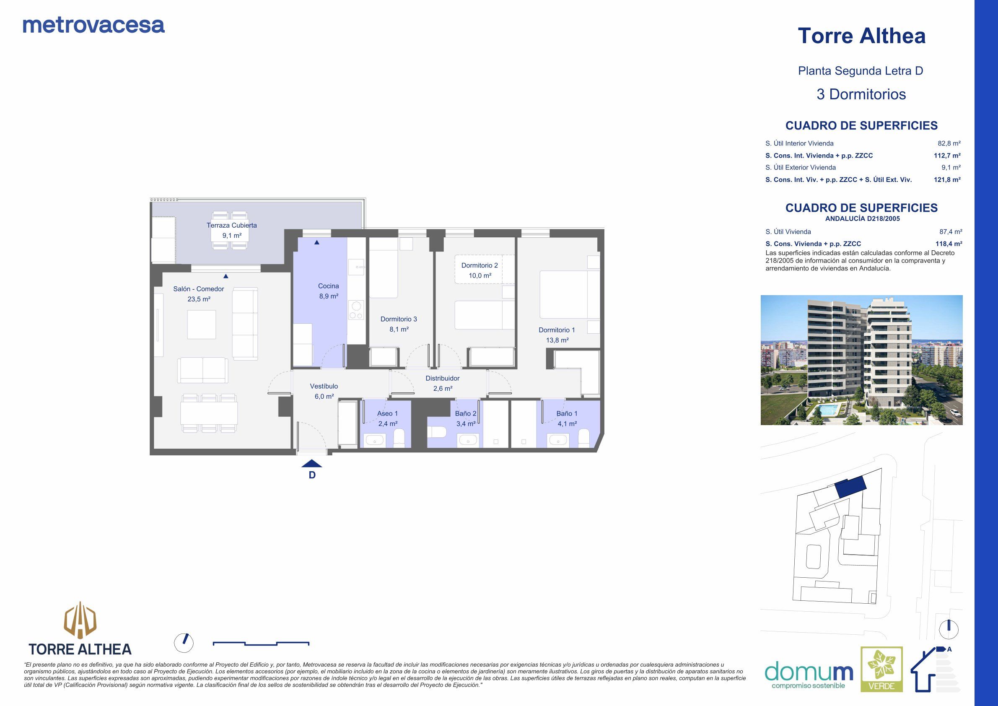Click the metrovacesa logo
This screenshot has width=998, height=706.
93,25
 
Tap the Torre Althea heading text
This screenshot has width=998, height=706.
861,36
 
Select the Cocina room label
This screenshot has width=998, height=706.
328,286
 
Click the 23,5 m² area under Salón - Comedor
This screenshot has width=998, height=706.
199,299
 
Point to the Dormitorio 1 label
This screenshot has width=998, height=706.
556,330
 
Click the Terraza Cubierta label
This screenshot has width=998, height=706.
231,225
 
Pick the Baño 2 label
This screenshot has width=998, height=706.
466,413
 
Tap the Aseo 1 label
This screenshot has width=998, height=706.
387,413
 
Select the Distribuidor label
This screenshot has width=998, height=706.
442,378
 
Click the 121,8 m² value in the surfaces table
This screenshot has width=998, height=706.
947,179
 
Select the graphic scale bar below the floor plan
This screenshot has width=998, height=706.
261,643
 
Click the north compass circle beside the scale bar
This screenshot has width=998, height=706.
184,643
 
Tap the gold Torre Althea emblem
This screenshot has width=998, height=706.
80,619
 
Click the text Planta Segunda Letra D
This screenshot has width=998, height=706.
860,71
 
